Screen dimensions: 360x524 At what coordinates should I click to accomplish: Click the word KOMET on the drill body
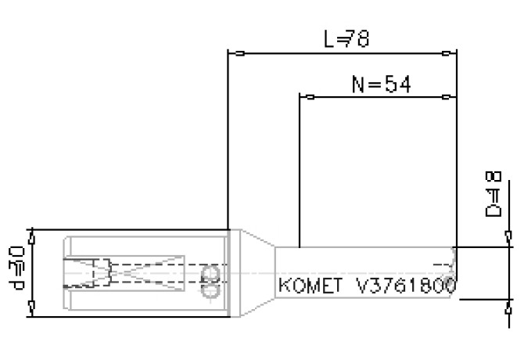310,286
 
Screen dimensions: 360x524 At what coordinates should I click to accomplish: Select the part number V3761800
406,286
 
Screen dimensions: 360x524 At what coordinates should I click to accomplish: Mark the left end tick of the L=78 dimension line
240,54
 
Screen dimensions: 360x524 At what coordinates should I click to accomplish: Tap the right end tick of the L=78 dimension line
446,54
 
